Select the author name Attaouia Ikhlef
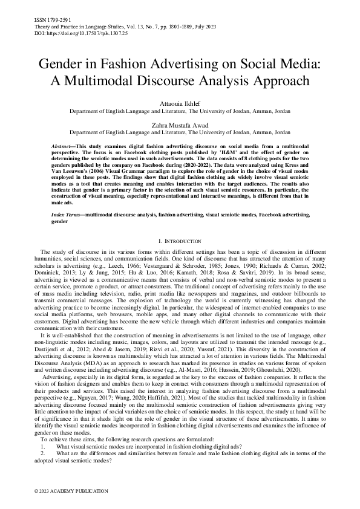180,103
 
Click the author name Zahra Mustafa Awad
180,125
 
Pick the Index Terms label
67,198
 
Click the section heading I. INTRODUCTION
180,224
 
